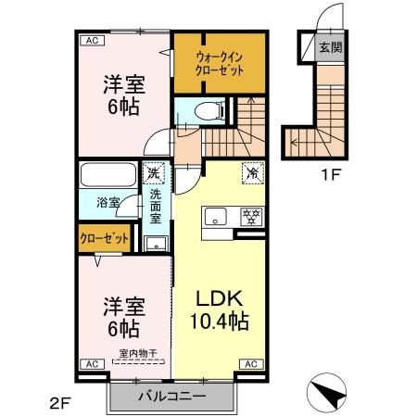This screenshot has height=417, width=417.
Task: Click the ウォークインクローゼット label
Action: [219, 61]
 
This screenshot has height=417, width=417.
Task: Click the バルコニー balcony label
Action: [172, 397]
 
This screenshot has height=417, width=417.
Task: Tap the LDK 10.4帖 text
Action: [221, 311]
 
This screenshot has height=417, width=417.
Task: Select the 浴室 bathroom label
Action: [108, 203]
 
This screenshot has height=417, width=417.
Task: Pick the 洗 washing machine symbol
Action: [154, 173]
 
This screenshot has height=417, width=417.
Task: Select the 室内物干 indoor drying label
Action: [136, 352]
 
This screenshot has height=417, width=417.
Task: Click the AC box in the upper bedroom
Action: [91, 40]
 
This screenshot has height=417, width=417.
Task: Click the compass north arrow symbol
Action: [327, 393]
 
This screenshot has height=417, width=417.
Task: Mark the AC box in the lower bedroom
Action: [91, 364]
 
